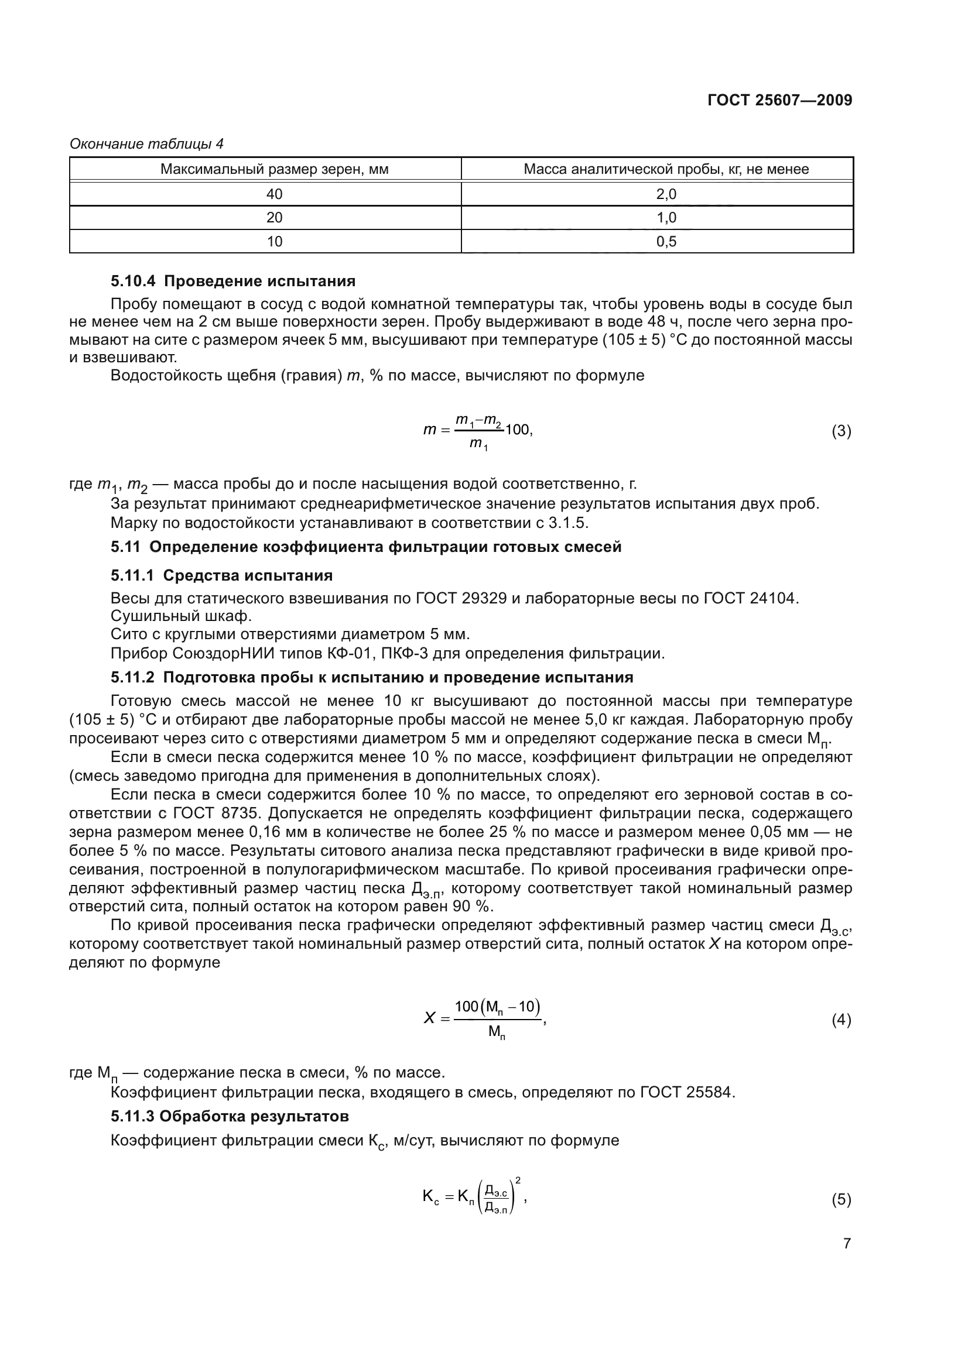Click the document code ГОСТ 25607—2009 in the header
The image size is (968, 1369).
779,100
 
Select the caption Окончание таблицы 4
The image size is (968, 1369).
147,144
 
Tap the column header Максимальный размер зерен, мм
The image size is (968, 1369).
275,169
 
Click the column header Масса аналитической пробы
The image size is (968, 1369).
666,169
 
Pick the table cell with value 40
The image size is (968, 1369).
275,194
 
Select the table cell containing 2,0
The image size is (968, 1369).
666,194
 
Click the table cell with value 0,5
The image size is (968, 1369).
666,242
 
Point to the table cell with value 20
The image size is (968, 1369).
275,218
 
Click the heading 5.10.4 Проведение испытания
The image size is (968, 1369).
232,281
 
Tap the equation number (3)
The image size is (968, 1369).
841,431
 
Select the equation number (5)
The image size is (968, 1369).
841,1200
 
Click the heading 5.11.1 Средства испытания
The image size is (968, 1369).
221,575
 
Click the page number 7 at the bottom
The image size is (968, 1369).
847,1244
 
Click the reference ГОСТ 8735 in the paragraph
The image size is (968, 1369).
207,814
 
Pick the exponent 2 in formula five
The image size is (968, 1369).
518,1180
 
